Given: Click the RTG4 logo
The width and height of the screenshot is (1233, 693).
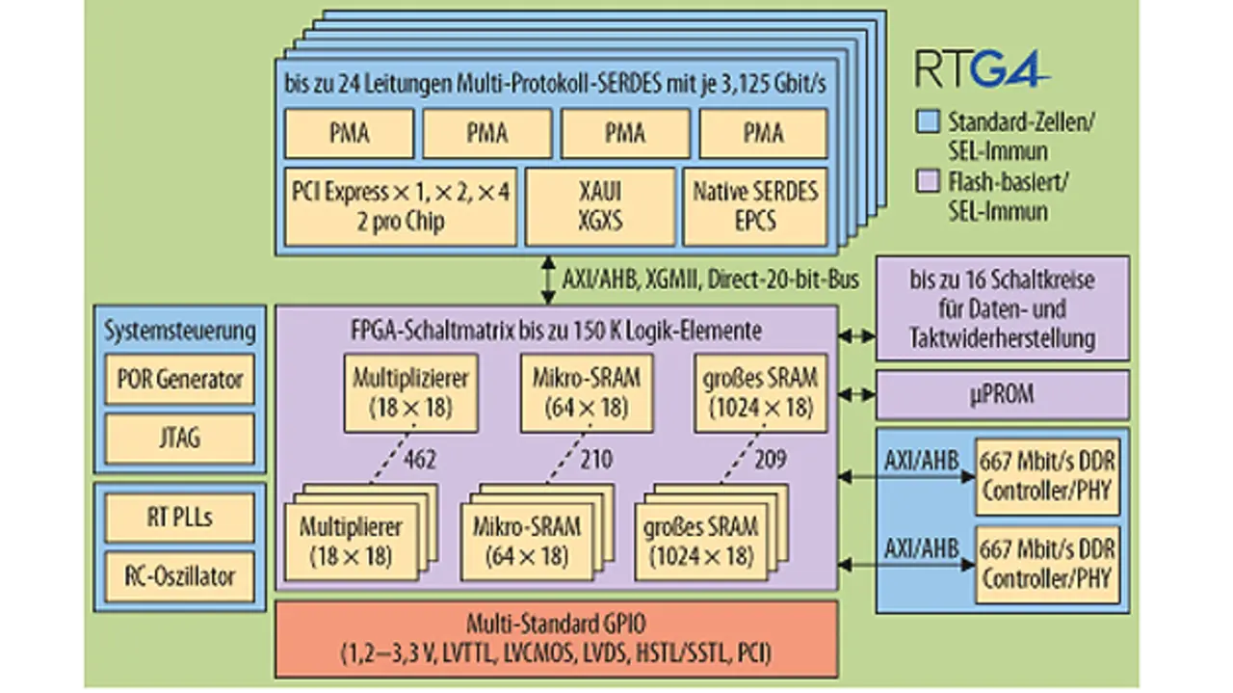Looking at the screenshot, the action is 982,68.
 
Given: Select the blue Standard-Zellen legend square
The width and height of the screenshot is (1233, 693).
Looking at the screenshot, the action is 928,121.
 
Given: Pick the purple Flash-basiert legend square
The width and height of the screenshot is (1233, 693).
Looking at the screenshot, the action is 928,181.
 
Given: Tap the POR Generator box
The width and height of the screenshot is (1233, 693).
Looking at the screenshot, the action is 180,379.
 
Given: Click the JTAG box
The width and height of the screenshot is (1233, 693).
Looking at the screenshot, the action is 180,439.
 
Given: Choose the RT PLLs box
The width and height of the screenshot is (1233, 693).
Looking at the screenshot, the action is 180,518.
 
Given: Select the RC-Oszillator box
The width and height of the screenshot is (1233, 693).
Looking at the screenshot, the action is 180,576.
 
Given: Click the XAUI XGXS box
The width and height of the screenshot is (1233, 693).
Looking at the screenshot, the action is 600,206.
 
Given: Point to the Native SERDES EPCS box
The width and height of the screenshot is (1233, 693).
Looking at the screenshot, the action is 755,206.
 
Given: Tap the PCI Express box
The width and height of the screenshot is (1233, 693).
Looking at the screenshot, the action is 401,206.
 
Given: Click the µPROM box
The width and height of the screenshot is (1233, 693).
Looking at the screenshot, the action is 1003,394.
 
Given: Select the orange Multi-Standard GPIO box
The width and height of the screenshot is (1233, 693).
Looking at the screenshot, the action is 557,639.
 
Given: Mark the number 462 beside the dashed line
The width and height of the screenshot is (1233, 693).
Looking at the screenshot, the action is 420,459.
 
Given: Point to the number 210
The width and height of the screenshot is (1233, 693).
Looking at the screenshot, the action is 596,459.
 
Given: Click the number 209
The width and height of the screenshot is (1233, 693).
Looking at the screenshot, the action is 770,459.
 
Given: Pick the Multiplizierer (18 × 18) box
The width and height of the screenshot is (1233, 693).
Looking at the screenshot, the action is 410,393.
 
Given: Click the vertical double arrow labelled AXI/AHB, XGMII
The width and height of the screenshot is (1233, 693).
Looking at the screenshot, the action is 548,280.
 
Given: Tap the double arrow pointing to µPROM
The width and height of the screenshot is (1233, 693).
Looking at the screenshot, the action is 857,394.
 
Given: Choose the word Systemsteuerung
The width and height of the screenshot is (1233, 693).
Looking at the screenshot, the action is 180,331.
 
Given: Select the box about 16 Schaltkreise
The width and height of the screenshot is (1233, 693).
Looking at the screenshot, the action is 1003,307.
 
